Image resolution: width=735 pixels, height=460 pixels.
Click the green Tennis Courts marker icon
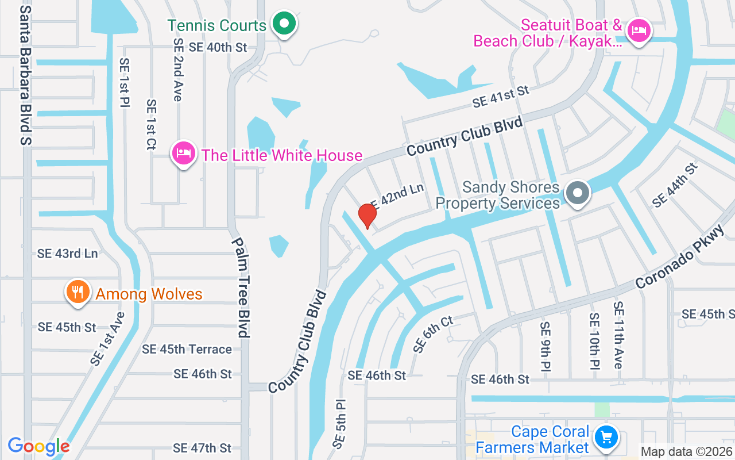point(283,24)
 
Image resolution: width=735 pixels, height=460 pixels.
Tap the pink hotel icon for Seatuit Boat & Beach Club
point(638,29)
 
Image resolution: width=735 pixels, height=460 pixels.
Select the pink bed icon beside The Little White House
point(183,154)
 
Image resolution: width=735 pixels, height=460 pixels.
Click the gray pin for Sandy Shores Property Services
point(578,193)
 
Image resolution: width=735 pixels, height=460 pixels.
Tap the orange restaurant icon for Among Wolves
point(76,292)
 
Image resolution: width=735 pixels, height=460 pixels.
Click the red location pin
point(367,214)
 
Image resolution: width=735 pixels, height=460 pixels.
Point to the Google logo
point(38,446)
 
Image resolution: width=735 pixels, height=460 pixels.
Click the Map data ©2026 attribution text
point(687,452)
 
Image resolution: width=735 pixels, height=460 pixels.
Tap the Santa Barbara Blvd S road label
point(25,75)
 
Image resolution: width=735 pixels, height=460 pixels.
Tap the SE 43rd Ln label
point(67,253)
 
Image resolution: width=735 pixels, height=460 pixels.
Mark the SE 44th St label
point(675,185)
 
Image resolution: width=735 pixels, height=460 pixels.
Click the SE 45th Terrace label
point(187,349)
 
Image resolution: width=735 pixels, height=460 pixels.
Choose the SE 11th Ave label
point(617,335)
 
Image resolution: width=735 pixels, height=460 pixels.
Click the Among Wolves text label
point(149,294)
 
